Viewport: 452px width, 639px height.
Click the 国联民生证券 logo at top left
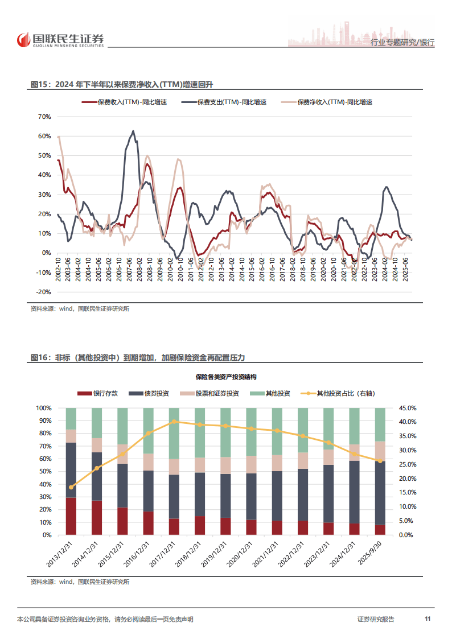60,40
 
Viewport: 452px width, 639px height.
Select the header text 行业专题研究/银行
402,43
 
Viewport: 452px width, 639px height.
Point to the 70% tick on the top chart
44,117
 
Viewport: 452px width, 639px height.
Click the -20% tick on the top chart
43,292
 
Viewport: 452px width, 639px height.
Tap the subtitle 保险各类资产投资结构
225,377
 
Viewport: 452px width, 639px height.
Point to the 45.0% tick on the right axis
408,408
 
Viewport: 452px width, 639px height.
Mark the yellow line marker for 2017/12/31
174,422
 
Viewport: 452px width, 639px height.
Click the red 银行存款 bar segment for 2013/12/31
71,516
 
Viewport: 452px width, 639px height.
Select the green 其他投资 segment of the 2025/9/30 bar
380,424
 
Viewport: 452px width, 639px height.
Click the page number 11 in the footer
427,619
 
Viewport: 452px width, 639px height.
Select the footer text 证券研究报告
375,619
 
